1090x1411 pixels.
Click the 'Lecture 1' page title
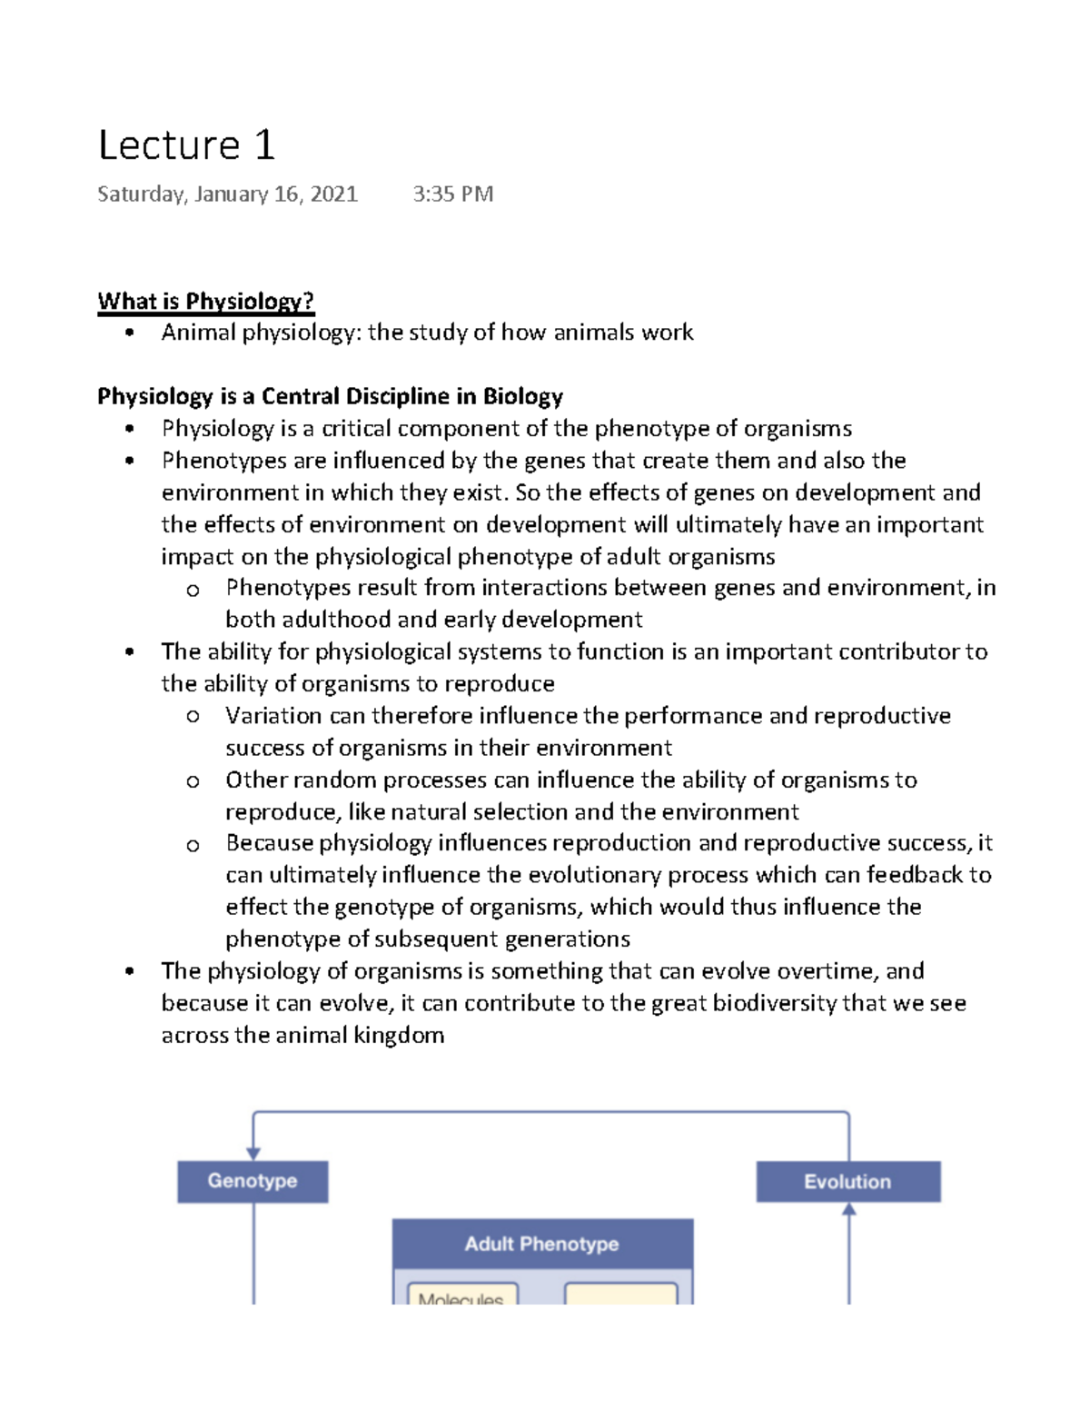point(186,145)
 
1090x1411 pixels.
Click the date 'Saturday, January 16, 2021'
point(227,194)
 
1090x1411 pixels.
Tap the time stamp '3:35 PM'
point(452,194)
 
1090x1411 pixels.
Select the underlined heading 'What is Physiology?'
point(205,302)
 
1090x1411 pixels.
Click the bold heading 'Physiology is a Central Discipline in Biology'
point(330,397)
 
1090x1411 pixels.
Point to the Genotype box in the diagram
point(253,1181)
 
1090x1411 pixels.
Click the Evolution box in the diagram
point(847,1182)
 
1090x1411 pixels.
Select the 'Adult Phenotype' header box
point(542,1244)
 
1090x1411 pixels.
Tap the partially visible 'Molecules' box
point(461,1296)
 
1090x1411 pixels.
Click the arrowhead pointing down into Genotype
point(253,1153)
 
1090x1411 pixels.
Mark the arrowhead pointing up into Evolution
point(849,1210)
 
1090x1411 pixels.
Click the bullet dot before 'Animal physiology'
point(131,333)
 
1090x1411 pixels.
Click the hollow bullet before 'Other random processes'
point(193,781)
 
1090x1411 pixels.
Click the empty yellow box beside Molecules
point(621,1295)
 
